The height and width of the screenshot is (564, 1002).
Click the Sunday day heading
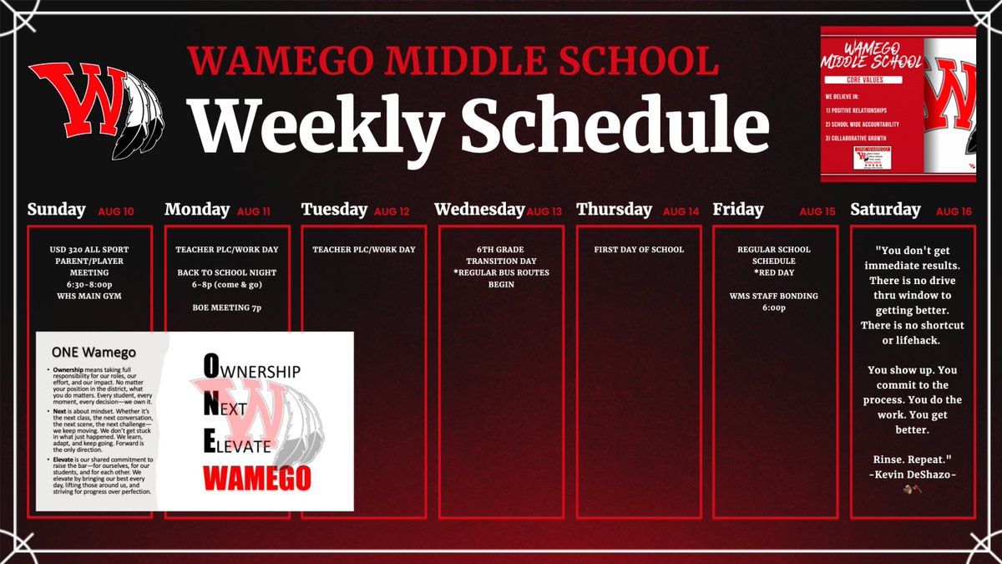(x=56, y=210)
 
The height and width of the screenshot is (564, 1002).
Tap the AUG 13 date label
(x=544, y=211)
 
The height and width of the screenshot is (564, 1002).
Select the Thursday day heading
(x=614, y=210)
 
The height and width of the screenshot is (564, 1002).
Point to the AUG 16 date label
(x=954, y=211)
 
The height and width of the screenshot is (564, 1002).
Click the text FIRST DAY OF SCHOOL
(x=639, y=249)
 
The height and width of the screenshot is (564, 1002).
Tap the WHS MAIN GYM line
(x=89, y=295)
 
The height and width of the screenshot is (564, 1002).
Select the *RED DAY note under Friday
(x=774, y=272)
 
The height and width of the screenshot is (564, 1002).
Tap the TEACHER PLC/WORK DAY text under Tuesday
(x=364, y=249)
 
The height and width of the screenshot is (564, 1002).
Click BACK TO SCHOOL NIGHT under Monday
(x=227, y=272)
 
